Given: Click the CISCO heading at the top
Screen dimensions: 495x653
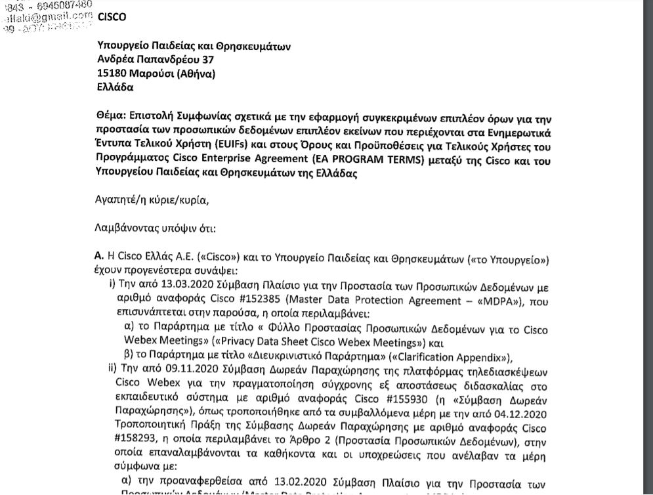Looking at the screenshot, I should point(112,17).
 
